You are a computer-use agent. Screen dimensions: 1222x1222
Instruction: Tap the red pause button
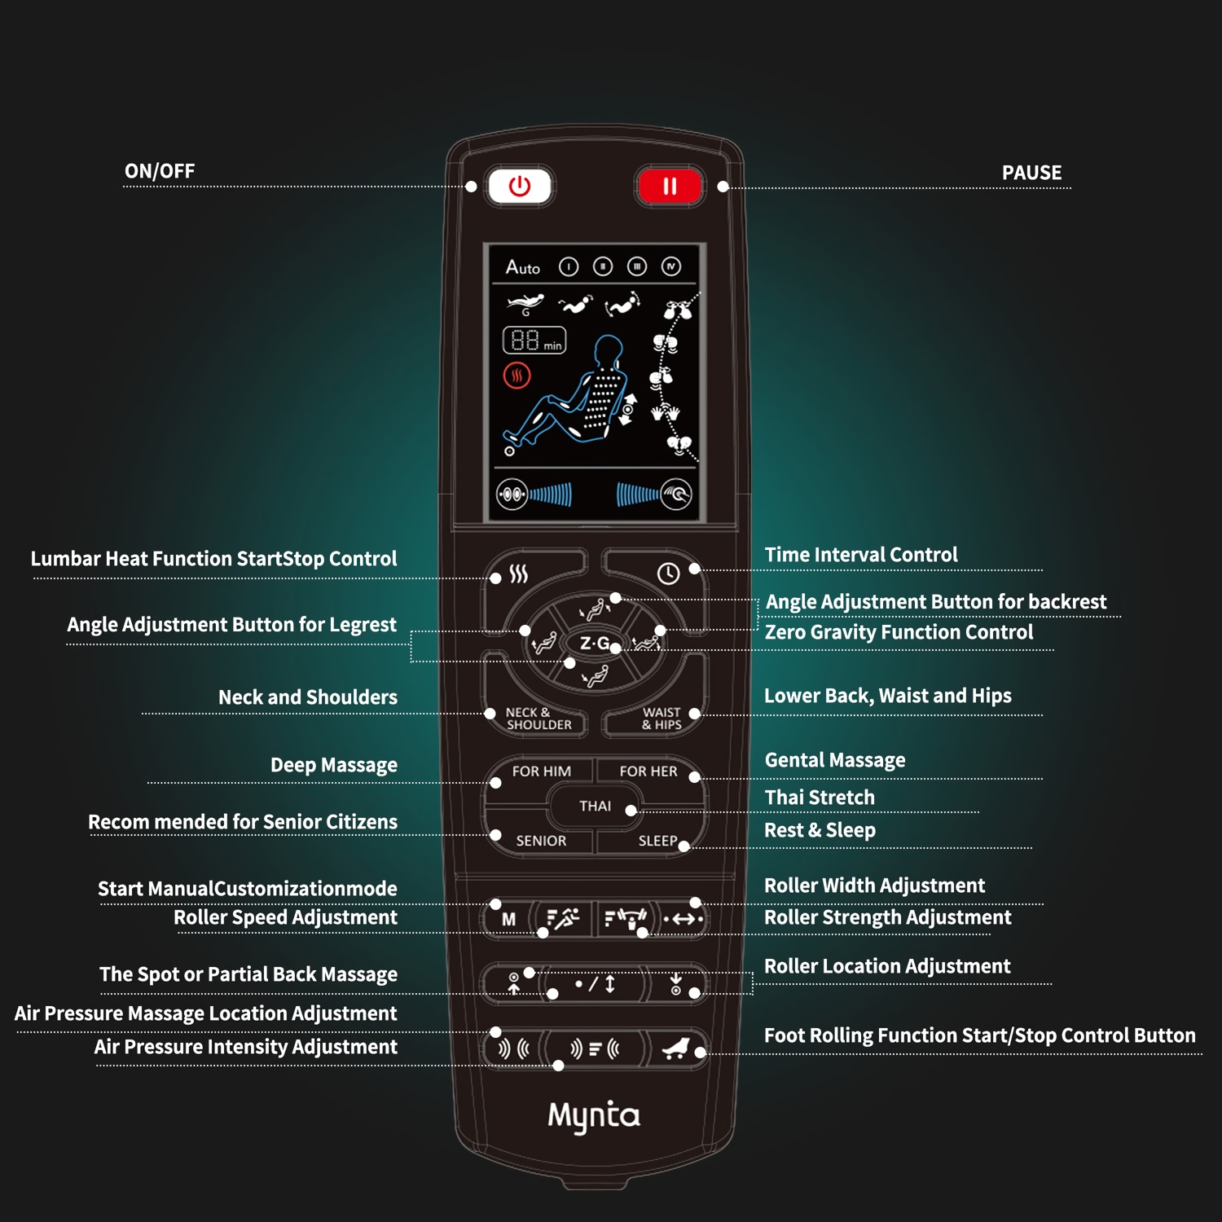(x=669, y=187)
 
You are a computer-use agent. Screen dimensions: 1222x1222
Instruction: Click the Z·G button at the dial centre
(x=595, y=644)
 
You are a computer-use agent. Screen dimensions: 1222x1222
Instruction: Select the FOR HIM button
(x=541, y=771)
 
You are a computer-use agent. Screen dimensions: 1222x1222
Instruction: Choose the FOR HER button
(x=648, y=771)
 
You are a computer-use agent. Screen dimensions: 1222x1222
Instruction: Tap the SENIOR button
(x=541, y=841)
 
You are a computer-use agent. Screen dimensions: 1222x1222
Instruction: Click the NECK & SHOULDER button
(x=538, y=719)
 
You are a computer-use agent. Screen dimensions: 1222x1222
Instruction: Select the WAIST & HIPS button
(x=657, y=719)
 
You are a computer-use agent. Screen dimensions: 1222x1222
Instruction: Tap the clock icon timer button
(x=668, y=574)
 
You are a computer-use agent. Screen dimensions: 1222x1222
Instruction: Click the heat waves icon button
(x=519, y=574)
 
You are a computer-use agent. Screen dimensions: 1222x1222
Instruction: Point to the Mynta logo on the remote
(x=594, y=1116)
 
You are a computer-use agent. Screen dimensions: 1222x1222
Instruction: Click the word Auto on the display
(x=522, y=267)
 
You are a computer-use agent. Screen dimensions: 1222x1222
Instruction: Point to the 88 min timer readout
(x=534, y=341)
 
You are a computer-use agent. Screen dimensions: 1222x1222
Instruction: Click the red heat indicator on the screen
(x=516, y=376)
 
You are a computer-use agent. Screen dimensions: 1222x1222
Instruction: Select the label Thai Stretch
(x=820, y=798)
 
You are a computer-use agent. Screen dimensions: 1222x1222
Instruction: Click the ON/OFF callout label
(x=160, y=171)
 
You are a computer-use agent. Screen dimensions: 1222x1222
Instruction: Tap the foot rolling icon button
(x=675, y=1048)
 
